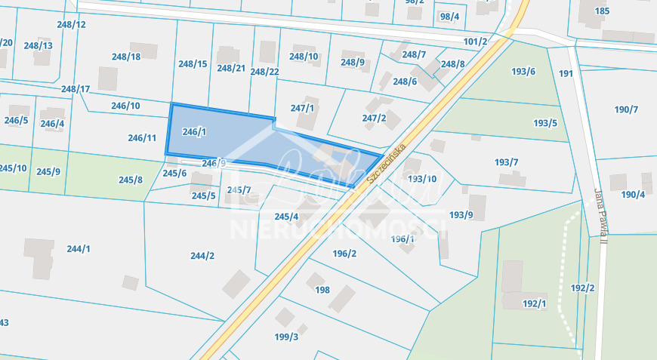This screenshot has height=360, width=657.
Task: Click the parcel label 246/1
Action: [194, 131]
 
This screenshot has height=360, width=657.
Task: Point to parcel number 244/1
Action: [79, 249]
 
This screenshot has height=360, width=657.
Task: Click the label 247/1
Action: [302, 108]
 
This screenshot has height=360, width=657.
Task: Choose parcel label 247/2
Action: [374, 118]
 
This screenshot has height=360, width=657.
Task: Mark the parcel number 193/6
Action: [523, 72]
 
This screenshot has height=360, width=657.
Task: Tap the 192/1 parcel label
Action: [534, 303]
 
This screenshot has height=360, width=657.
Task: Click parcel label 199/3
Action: [286, 337]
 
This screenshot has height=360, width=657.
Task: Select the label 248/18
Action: [125, 57]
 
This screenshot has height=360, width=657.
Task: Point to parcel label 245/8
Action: [131, 180]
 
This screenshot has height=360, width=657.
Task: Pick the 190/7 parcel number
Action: [626, 110]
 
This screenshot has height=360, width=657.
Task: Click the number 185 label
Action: [602, 11]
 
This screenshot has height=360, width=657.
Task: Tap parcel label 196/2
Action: [344, 254]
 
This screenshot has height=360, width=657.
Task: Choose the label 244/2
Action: [202, 256]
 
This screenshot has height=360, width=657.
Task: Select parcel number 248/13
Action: [38, 45]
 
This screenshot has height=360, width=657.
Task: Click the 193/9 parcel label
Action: [461, 215]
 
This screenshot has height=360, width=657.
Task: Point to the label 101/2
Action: [475, 42]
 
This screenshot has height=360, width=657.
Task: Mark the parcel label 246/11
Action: [142, 138]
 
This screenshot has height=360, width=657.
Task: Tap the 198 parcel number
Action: [322, 290]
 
